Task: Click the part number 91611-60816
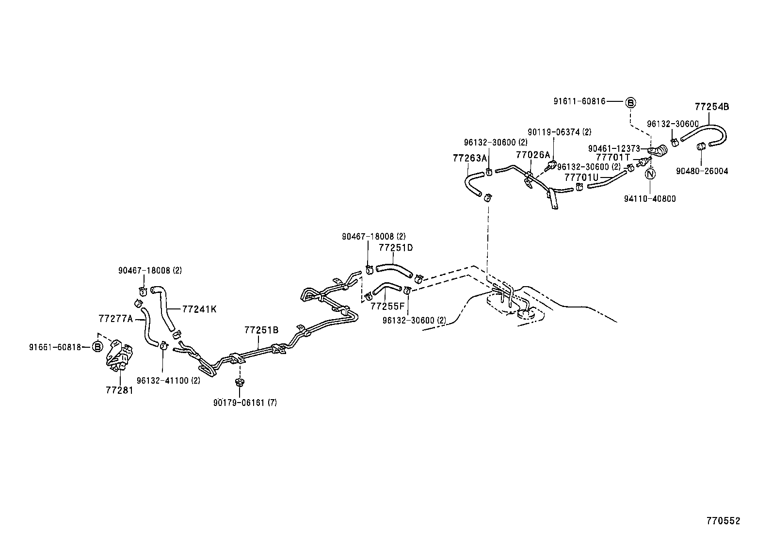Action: (x=579, y=101)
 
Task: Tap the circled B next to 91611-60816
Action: (x=630, y=102)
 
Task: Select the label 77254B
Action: (x=711, y=107)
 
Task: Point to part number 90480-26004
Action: (x=702, y=171)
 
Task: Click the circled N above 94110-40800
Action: (x=651, y=174)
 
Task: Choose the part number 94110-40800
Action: (x=650, y=199)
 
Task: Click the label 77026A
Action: (x=533, y=155)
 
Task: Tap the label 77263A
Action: (x=469, y=158)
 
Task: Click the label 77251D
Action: (x=396, y=248)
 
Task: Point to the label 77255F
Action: (x=387, y=307)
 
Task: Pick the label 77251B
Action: (x=261, y=330)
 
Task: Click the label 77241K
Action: (x=199, y=308)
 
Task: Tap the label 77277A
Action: (x=115, y=319)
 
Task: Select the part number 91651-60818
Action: (x=55, y=347)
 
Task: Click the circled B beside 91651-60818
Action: (x=97, y=347)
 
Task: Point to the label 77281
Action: (x=119, y=390)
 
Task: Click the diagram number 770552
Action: (x=723, y=521)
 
